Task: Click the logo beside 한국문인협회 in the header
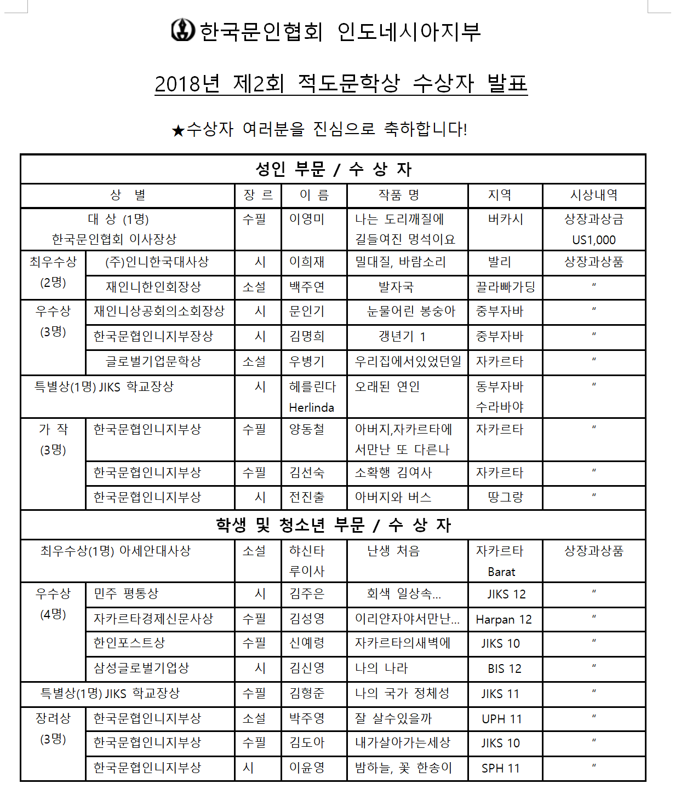tap(183, 30)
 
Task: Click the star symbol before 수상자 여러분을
tap(178, 131)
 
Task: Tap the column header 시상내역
tap(594, 195)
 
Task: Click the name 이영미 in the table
tap(307, 219)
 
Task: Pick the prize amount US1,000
tap(594, 240)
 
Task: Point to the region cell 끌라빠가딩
tap(505, 287)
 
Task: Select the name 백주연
tap(307, 287)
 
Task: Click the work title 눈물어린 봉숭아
tap(411, 311)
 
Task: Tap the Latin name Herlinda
tap(311, 407)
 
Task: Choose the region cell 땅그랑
tap(505, 497)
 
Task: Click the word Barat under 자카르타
tap(501, 572)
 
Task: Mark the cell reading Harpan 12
tap(504, 619)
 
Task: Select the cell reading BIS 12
tap(505, 669)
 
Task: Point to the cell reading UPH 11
tap(501, 719)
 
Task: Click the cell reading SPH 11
tap(500, 768)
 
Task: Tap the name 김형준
tap(307, 693)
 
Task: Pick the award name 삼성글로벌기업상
tap(141, 668)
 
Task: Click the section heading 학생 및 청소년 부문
tap(290, 525)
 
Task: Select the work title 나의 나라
tap(381, 668)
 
